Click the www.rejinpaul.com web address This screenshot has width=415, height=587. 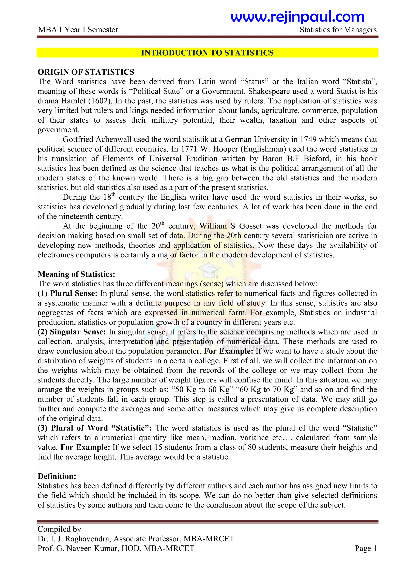pyautogui.click(x=297, y=17)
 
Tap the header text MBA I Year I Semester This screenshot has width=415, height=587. pyautogui.click(x=78, y=30)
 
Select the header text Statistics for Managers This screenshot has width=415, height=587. pyautogui.click(x=338, y=30)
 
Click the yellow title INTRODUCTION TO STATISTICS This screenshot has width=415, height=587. pyautogui.click(x=207, y=53)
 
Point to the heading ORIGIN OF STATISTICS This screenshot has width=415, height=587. pyautogui.click(x=86, y=72)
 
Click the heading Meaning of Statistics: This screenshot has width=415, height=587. pyautogui.click(x=76, y=274)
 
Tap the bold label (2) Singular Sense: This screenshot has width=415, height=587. pyautogui.click(x=72, y=332)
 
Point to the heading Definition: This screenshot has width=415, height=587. pyautogui.click(x=57, y=476)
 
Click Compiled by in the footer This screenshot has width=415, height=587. pyautogui.click(x=59, y=529)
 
